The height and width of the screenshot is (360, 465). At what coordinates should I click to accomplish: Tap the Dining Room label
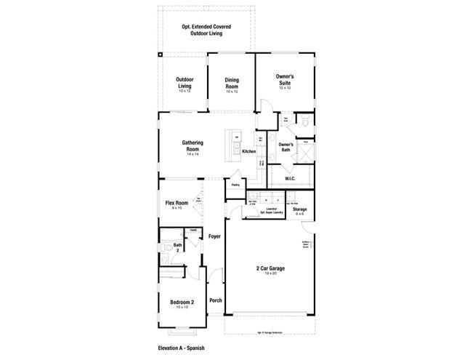[x=231, y=84]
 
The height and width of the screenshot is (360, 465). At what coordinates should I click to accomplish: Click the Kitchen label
[x=249, y=151]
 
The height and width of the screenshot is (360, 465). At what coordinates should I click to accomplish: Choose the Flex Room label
[x=177, y=203]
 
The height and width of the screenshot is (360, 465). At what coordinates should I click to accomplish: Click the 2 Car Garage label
[x=270, y=268]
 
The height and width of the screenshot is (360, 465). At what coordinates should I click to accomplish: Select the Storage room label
[x=299, y=209]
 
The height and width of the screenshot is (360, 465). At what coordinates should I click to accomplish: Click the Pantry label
[x=235, y=185]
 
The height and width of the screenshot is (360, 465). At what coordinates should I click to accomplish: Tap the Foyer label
[x=214, y=237]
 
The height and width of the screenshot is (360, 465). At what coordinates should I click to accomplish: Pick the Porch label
[x=215, y=300]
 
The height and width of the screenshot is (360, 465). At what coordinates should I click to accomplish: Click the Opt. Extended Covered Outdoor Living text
[x=202, y=31]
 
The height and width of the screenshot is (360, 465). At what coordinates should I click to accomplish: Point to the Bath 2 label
[x=178, y=248]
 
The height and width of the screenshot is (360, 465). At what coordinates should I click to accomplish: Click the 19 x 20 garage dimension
[x=270, y=274]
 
